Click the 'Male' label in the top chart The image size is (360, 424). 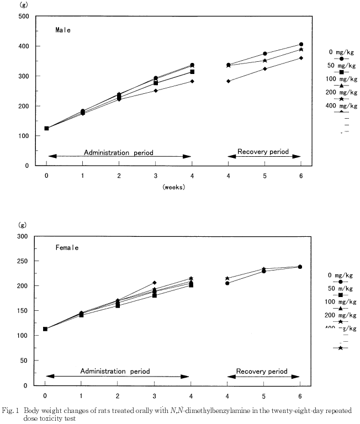pyautogui.click(x=62, y=30)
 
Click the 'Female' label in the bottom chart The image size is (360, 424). pyautogui.click(x=67, y=247)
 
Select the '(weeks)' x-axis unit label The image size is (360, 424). pyautogui.click(x=173, y=187)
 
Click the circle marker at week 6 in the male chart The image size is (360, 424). pyautogui.click(x=301, y=44)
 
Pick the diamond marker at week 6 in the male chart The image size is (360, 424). pyautogui.click(x=301, y=58)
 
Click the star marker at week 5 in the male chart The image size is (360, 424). pyautogui.click(x=264, y=61)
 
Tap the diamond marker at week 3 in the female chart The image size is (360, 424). pyautogui.click(x=155, y=283)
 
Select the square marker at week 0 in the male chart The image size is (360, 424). pyautogui.click(x=46, y=128)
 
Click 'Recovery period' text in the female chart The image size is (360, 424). pyautogui.click(x=262, y=372)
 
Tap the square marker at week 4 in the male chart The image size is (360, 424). pyautogui.click(x=192, y=72)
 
